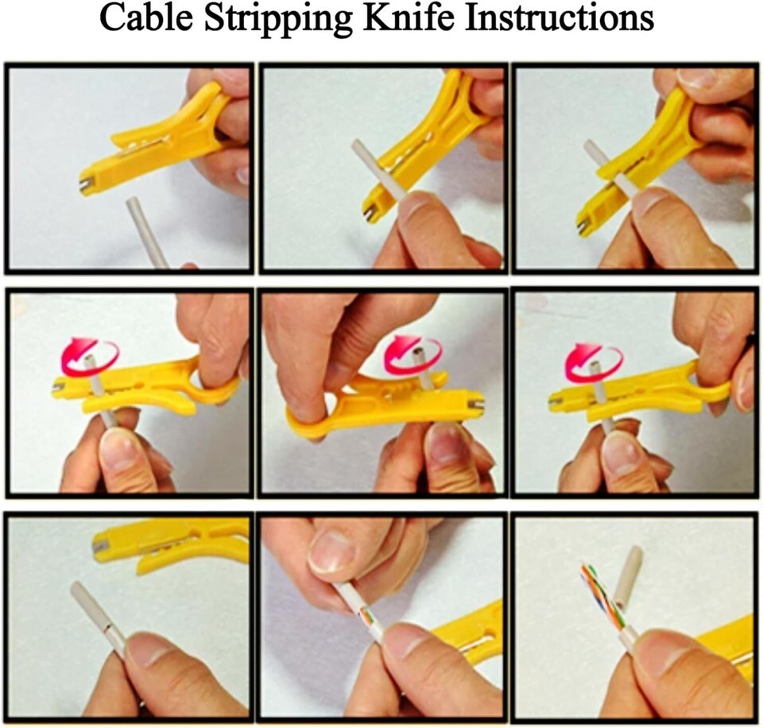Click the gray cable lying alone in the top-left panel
coord(146,231)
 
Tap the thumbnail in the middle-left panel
coord(118,450)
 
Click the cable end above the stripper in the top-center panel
coord(358,147)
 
